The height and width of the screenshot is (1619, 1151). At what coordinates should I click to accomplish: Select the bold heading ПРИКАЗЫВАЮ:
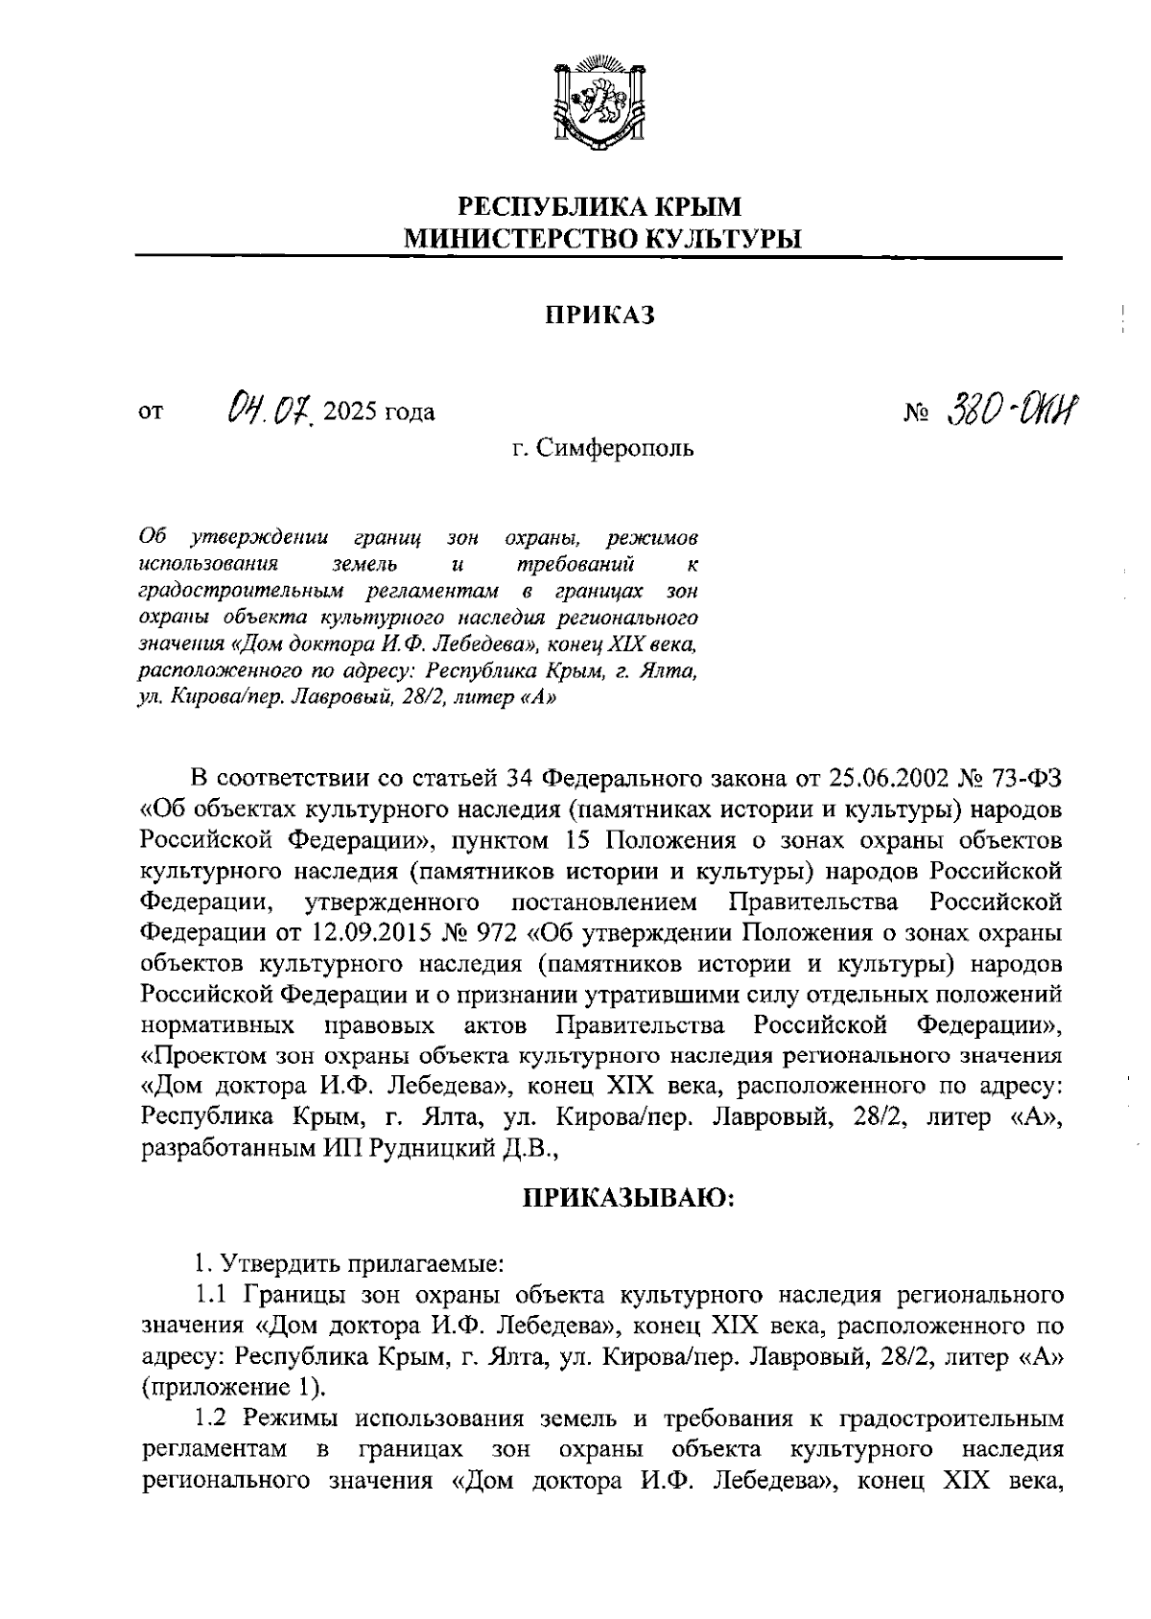(628, 1199)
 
